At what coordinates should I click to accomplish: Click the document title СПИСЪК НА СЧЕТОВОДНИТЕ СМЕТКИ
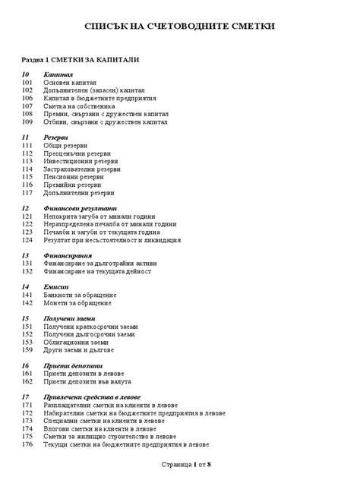[179, 27]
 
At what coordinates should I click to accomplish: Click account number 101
[28, 83]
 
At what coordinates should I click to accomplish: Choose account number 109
[28, 122]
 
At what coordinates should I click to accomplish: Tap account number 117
[28, 192]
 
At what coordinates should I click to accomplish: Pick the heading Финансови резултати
[81, 208]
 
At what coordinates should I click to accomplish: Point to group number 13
[25, 256]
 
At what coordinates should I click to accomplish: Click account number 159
[28, 349]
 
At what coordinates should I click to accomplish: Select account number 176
[28, 444]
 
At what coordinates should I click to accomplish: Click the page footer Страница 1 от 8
[185, 463]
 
